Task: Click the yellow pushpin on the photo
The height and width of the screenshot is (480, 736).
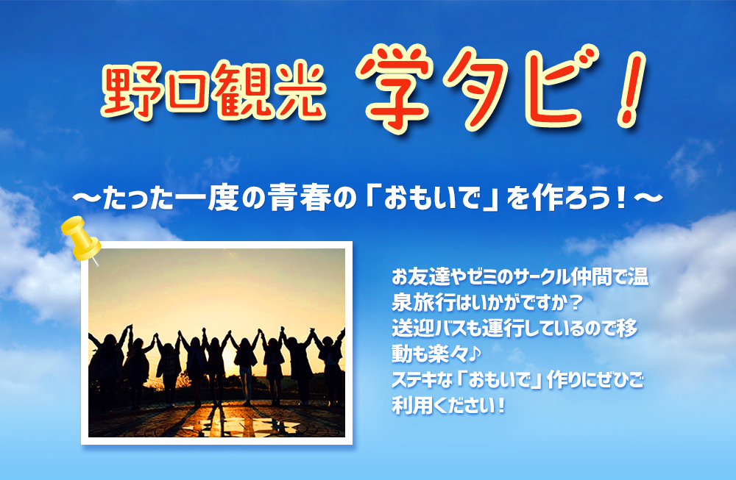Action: pyautogui.click(x=81, y=239)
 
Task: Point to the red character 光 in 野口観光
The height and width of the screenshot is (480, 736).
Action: pyautogui.click(x=300, y=90)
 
